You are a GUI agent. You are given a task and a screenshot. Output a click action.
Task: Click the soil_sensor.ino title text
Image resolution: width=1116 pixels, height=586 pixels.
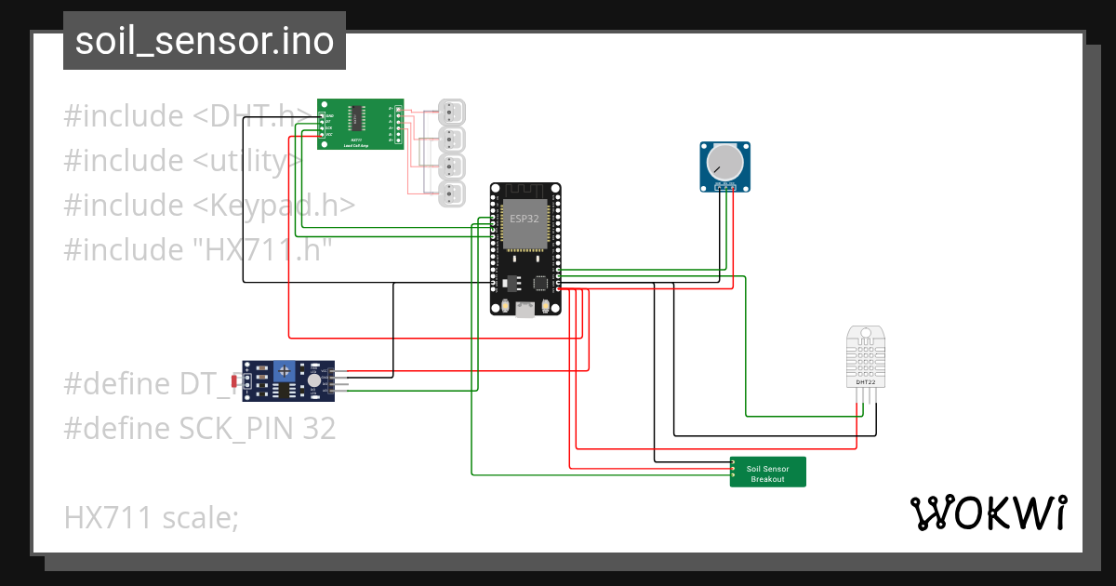coord(204,41)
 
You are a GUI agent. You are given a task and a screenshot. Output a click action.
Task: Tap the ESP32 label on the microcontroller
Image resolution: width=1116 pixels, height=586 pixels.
coord(524,219)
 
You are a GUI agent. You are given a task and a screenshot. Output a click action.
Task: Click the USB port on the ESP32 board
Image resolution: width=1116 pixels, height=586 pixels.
coord(525,310)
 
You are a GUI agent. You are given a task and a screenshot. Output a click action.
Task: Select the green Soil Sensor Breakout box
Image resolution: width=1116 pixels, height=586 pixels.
coord(767,472)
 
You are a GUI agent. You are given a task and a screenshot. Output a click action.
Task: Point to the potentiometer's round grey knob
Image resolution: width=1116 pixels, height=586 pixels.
coord(724,165)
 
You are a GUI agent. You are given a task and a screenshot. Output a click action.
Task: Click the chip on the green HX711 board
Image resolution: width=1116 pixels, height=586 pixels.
coord(356,118)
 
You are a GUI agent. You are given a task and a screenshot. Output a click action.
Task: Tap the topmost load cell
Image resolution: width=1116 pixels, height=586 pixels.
coord(452,113)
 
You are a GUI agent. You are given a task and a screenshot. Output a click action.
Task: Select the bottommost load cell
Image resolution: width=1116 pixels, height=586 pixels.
coord(452,194)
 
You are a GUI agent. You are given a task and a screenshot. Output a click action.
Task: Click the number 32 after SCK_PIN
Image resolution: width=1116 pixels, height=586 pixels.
coord(317,429)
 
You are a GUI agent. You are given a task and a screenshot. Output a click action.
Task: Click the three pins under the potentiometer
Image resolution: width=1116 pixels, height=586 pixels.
coord(725,188)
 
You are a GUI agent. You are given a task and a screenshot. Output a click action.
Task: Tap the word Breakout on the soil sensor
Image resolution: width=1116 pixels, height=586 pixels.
coord(767,479)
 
